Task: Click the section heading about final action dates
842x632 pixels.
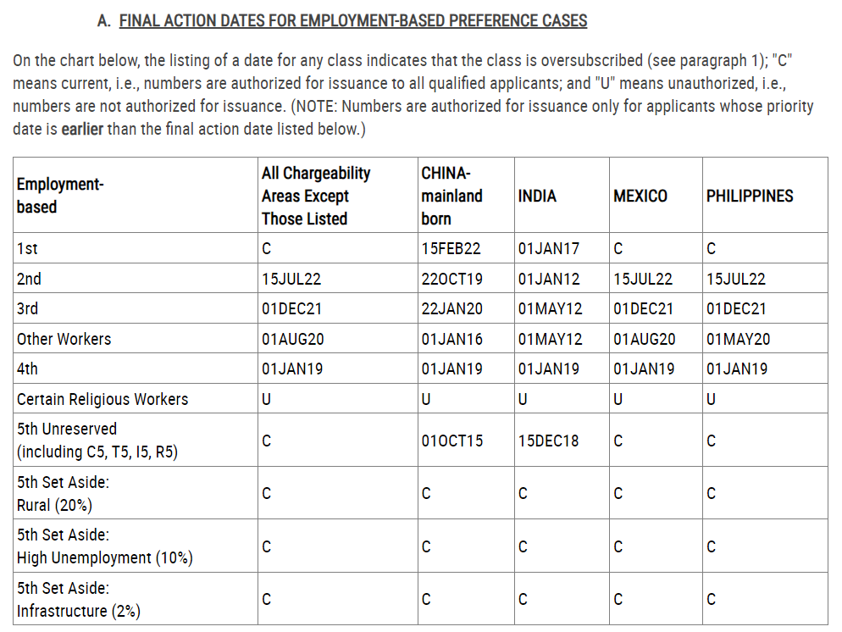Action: coord(352,21)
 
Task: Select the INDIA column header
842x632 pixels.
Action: coord(537,196)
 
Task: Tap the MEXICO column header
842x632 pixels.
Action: coord(640,196)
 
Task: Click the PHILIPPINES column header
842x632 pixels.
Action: coord(749,196)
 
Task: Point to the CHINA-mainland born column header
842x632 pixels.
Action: coord(451,196)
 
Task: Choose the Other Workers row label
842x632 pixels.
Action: coord(64,339)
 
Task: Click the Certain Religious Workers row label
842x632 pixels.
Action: coord(102,399)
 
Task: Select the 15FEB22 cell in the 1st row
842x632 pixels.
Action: coord(451,249)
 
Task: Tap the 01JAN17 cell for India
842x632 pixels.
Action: coord(548,249)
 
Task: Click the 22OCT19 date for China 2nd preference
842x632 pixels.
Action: coord(451,279)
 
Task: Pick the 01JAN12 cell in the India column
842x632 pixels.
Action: coord(548,279)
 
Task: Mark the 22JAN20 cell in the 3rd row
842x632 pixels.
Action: coord(451,309)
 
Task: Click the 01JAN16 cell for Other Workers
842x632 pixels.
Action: coord(451,339)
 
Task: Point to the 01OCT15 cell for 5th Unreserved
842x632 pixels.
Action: coord(451,441)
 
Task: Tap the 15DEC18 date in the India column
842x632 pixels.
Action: coord(548,441)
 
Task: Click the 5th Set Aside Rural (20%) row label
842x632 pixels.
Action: coord(64,494)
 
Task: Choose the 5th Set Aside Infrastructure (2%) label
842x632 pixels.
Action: coord(79,600)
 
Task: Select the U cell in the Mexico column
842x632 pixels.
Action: coord(618,400)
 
